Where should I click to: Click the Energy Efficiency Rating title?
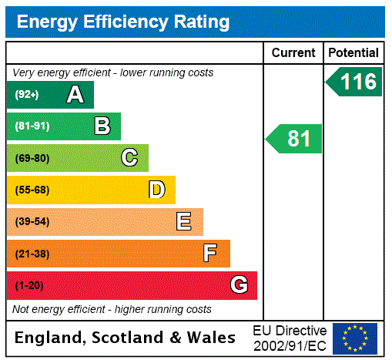[x=123, y=22]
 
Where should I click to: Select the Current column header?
[x=293, y=53]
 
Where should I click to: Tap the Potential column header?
[x=353, y=53]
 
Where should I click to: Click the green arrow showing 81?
[x=295, y=139]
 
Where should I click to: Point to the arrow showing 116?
[x=355, y=82]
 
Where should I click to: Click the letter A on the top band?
[x=75, y=95]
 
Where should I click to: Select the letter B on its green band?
[x=102, y=126]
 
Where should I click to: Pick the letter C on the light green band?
[x=129, y=158]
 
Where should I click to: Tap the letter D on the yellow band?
[x=156, y=190]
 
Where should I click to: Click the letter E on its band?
[x=184, y=222]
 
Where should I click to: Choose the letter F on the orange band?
[x=210, y=254]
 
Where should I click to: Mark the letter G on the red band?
[x=239, y=285]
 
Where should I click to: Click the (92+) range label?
[x=27, y=95]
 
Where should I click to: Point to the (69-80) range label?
[x=32, y=159]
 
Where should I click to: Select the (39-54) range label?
[x=32, y=222]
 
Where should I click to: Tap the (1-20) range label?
[x=29, y=286]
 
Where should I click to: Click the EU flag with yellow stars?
[x=355, y=338]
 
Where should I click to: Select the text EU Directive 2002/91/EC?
[x=290, y=338]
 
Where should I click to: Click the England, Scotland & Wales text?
[x=126, y=338]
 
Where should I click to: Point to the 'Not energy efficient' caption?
[x=112, y=309]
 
